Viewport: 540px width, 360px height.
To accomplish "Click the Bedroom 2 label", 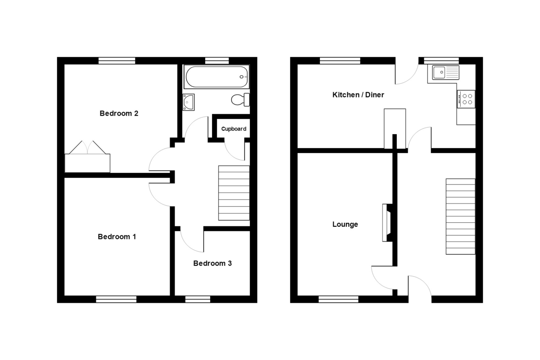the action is coord(119,113).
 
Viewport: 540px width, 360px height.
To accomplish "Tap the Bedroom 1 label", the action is coord(117,237).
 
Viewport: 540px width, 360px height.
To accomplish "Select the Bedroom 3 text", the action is coord(212,263).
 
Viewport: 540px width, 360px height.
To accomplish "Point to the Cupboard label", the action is coord(234,129).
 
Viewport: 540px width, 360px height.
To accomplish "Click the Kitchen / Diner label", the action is coord(358,95).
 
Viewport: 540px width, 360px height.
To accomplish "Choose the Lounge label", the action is coord(345,224).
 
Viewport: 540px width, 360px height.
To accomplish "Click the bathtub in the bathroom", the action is coord(216,76).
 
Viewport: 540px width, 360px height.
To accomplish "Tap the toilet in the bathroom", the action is coord(240,99).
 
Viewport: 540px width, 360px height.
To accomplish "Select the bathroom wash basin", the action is coord(189,102).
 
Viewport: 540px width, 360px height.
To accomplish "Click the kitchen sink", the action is coord(445,72).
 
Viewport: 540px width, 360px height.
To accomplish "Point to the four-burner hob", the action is coord(466,99).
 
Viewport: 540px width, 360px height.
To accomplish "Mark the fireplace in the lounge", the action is coord(387,223).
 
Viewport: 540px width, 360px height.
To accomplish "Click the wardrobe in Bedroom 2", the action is coord(87,157).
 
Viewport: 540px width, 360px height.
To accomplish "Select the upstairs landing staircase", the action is coord(234,193).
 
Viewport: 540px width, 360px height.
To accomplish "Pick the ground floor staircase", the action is coord(460,216).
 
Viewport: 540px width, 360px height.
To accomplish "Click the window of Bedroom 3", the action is coord(198,299).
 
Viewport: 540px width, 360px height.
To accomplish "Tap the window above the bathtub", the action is coord(217,60).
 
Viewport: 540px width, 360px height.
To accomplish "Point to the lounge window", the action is coord(338,299).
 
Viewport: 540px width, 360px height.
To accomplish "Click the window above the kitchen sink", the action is coord(441,60).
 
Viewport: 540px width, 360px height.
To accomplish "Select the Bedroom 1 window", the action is coord(116,299).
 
